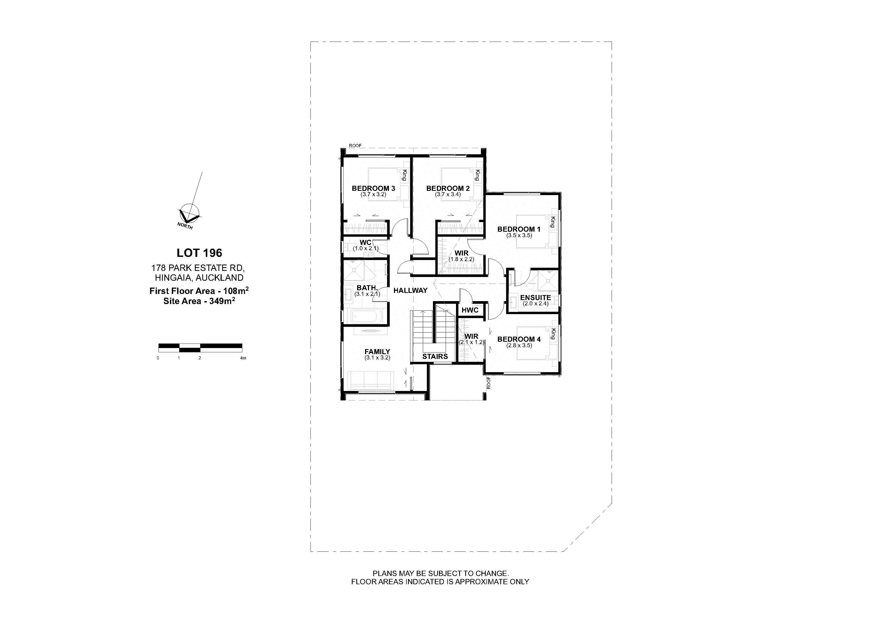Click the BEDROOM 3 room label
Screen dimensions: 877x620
[373, 188]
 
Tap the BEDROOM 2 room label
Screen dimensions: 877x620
[448, 188]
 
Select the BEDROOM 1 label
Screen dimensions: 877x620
[519, 229]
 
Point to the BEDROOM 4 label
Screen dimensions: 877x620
[519, 339]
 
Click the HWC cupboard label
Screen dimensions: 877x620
[470, 310]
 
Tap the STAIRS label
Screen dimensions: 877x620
[435, 357]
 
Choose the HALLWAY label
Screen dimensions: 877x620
[410, 290]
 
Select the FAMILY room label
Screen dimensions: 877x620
[377, 352]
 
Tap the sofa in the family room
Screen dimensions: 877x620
[371, 380]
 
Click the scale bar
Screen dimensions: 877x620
[200, 348]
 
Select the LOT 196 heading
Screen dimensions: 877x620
[199, 253]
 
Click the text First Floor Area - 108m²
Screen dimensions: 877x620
[199, 291]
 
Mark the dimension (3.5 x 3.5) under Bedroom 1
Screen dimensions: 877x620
[519, 236]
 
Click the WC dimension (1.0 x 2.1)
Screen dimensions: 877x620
[366, 248]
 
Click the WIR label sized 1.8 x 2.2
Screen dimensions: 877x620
[461, 253]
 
